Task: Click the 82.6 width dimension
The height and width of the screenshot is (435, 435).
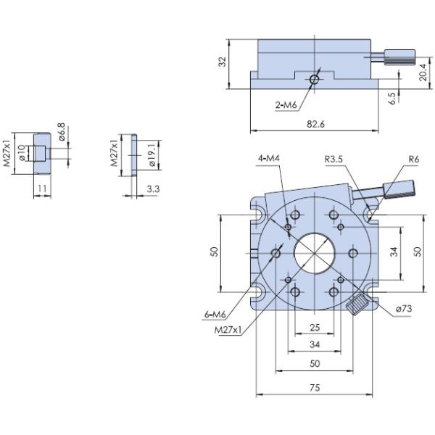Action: pos(315,124)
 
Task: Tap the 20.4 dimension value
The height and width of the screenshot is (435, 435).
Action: pos(423,73)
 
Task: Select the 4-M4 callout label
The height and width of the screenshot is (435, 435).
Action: pos(268,159)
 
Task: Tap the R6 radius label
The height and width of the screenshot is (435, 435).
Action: pos(413,159)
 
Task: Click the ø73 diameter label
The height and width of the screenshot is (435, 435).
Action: pos(405,310)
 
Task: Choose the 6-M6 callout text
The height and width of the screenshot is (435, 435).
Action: pos(217,315)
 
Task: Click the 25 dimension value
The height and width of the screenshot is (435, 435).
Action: pos(315,327)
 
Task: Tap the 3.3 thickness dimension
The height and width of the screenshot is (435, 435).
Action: pos(153,188)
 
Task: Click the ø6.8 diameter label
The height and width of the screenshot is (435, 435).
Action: pos(62,133)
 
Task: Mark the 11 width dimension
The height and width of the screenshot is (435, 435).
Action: pos(41,188)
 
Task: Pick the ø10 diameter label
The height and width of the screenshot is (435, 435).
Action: pos(22,153)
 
